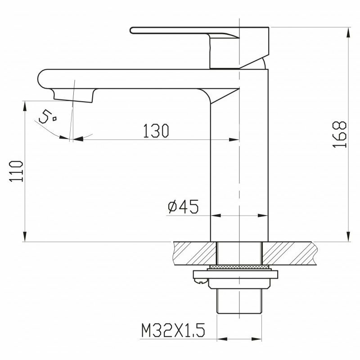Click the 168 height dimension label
[x=340, y=134]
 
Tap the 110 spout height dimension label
[x=16, y=171]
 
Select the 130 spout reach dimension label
[x=156, y=131]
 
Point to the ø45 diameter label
[x=183, y=207]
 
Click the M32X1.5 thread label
[x=173, y=330]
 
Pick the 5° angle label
[x=48, y=117]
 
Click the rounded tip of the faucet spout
[x=41, y=79]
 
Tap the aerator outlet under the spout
[x=74, y=96]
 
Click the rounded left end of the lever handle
[x=132, y=31]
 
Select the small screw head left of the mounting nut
[x=200, y=280]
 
